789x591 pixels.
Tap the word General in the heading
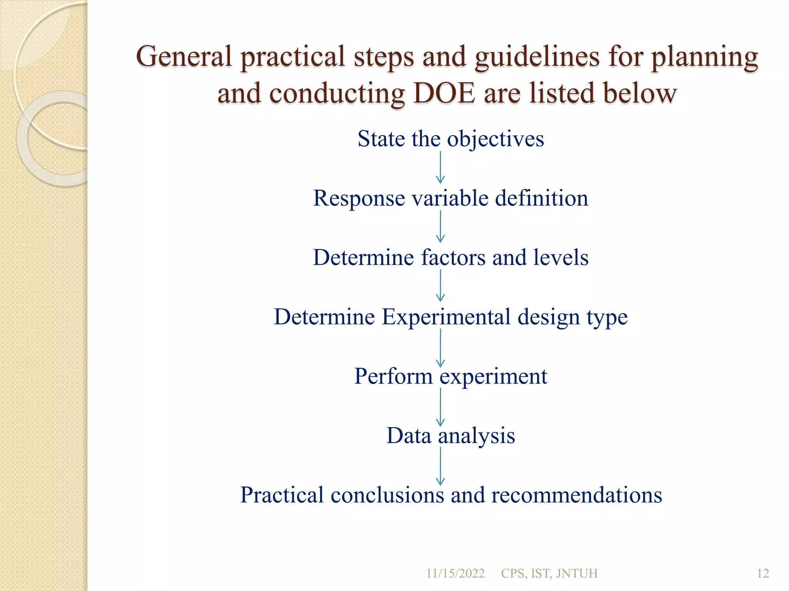click(x=184, y=56)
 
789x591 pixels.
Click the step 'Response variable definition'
click(x=451, y=198)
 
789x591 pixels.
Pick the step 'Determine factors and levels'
click(x=451, y=257)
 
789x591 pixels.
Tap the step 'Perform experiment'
click(x=451, y=376)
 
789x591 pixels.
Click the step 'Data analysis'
click(x=451, y=436)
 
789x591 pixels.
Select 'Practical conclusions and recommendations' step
click(x=451, y=495)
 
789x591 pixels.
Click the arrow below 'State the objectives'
click(x=440, y=167)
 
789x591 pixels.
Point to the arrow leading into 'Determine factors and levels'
click(x=440, y=227)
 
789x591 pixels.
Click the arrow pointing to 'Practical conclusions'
click(x=440, y=465)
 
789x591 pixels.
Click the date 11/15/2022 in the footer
click(x=455, y=573)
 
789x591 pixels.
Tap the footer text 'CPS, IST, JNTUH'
click(x=549, y=573)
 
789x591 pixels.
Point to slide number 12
click(x=763, y=573)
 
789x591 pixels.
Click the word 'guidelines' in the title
click(x=537, y=56)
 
